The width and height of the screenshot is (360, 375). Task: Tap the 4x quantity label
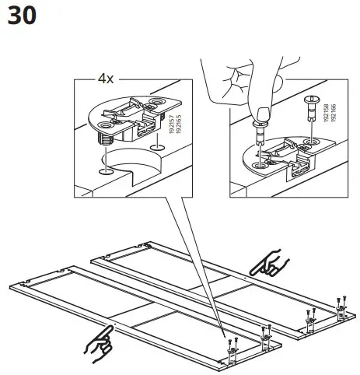point(106,79)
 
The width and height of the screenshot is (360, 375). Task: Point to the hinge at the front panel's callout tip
point(232,352)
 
